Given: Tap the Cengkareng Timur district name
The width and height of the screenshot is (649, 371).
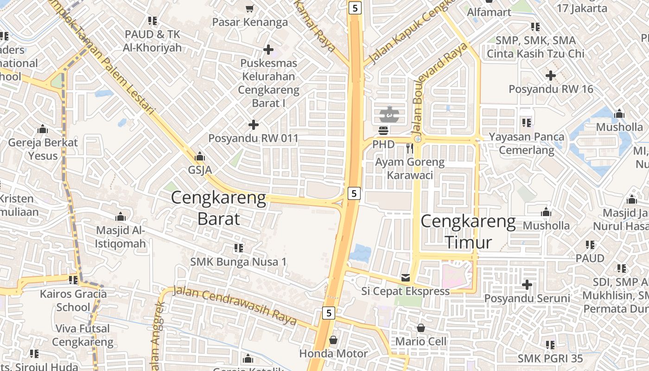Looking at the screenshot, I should [468, 232].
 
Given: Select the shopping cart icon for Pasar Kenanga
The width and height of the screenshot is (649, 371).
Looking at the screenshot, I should [249, 8].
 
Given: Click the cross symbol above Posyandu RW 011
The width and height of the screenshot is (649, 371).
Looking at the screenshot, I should [253, 124].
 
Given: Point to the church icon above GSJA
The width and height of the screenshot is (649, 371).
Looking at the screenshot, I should [200, 156].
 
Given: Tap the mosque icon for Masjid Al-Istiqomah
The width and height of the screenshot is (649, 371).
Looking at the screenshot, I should [121, 217].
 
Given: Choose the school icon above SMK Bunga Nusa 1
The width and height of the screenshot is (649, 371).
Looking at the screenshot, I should [238, 248].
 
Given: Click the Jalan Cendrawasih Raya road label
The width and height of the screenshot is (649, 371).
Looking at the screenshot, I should [235, 306].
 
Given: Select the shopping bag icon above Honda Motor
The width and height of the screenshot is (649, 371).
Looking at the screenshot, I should [333, 340].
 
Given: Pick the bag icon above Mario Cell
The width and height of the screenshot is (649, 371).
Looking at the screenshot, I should [420, 328].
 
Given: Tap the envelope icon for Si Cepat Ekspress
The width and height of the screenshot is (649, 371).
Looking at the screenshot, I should [406, 278].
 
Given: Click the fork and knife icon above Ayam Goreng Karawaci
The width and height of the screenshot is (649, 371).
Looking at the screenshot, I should [409, 148].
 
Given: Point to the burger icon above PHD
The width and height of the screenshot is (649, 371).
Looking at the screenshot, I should [383, 131].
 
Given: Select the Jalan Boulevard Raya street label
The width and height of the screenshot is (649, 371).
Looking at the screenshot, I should [438, 88].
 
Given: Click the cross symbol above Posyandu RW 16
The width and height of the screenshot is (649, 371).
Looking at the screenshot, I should [550, 75].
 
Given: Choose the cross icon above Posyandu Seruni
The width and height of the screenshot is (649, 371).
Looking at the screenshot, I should [527, 284].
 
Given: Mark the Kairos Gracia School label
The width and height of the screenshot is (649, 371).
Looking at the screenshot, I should [73, 301].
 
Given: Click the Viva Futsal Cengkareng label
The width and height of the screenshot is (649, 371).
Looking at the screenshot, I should [83, 335].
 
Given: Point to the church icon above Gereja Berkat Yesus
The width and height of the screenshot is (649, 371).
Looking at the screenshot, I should [43, 128].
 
